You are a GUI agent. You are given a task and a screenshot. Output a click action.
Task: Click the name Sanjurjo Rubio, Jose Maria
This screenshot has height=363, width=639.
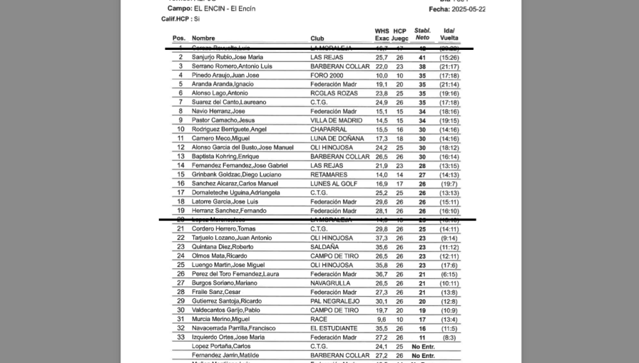point(228,57)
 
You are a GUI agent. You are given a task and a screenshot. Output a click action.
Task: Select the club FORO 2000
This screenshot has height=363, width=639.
point(327,75)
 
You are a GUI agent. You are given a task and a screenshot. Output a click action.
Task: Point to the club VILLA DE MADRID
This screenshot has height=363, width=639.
point(337,120)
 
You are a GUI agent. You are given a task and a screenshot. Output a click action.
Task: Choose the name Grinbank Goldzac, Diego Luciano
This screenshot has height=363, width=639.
point(237,174)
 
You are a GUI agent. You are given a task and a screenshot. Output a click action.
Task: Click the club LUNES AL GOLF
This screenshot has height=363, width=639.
point(334,184)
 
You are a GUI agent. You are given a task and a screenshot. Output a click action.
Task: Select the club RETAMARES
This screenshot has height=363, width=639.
point(329,174)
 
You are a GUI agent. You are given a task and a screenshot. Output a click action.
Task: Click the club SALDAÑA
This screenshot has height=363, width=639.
point(324,247)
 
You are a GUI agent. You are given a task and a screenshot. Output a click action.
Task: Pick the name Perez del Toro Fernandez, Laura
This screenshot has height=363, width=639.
point(239,274)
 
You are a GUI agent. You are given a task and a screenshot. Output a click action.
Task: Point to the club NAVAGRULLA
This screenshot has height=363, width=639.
point(332,283)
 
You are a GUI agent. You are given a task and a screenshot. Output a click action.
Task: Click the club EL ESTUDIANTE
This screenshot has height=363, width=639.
point(334,328)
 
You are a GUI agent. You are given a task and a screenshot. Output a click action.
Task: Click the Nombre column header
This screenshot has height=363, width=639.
point(203,38)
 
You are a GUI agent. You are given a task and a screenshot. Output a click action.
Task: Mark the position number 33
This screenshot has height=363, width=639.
point(180,337)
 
